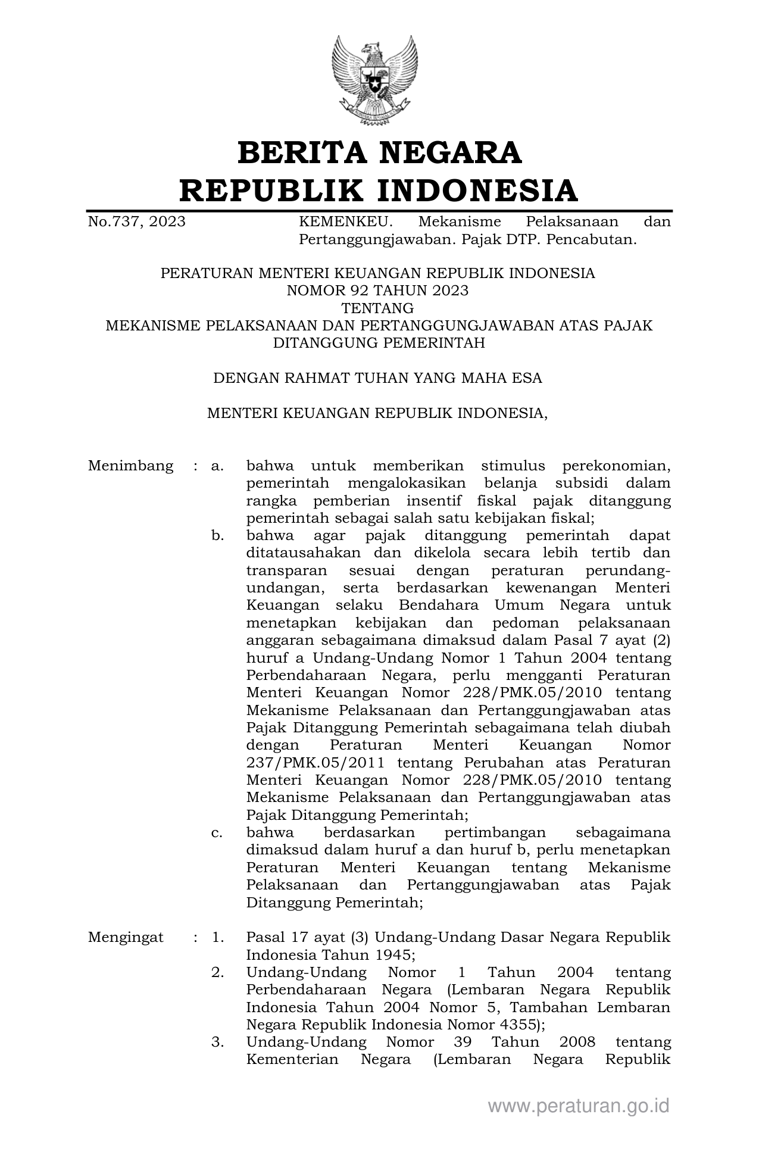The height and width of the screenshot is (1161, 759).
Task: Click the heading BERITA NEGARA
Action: (x=379, y=152)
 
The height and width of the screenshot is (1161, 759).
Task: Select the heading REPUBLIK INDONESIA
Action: (x=379, y=191)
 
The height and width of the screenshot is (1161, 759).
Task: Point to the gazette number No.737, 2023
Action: (x=136, y=222)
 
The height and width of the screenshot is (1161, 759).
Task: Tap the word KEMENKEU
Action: (x=345, y=222)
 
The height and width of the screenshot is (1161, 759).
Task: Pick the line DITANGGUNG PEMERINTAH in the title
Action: (x=379, y=343)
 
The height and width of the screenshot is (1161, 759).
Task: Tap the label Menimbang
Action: (x=130, y=466)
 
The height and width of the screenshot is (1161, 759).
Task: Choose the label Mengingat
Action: (x=126, y=937)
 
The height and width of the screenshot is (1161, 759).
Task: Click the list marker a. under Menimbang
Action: (x=217, y=466)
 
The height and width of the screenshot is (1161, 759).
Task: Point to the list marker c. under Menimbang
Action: (x=217, y=832)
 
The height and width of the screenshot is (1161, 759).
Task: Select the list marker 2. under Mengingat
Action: (x=217, y=972)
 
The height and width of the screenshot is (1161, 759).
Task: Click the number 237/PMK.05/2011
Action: (x=315, y=763)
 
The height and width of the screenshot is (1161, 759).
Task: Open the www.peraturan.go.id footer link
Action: (x=579, y=1106)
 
